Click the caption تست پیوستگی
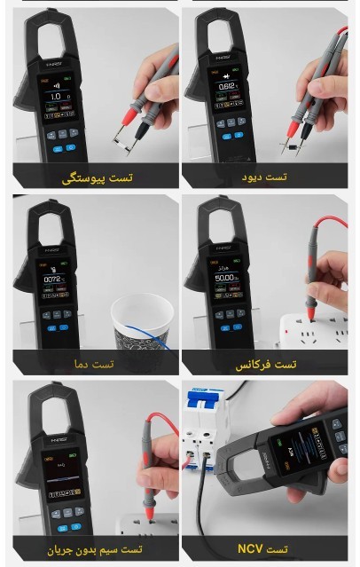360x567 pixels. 97,178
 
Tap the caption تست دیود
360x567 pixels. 264,177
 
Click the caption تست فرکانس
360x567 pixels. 266,364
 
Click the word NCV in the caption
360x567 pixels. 251,549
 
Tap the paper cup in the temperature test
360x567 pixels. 142,324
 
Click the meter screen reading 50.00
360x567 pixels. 225,279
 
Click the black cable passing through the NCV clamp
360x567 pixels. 217,506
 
